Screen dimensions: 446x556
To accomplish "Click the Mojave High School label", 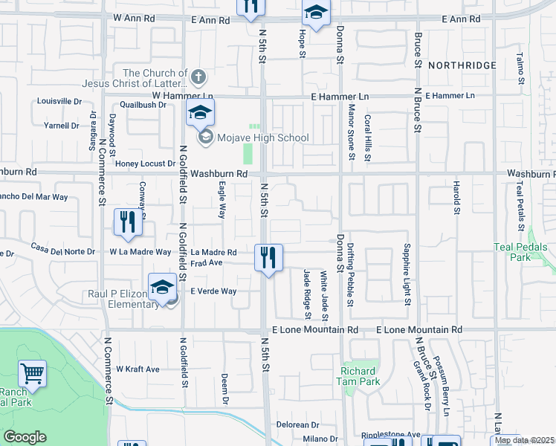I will coord(263,138).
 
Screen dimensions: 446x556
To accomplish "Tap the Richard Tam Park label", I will coord(360,376).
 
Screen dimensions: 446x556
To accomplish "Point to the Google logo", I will coord(25,437).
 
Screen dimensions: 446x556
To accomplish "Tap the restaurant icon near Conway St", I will coord(128,223).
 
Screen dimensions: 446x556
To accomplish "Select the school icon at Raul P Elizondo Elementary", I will coord(162,289).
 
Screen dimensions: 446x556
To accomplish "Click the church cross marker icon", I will coord(198,76).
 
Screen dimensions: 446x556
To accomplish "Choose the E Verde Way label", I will coord(213,291).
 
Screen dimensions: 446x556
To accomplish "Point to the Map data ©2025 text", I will coord(525,440).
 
